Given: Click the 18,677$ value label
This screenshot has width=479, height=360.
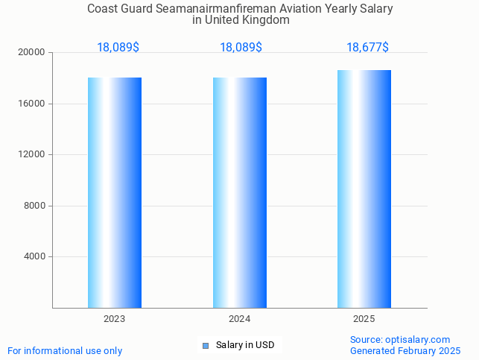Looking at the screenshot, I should [x=367, y=48].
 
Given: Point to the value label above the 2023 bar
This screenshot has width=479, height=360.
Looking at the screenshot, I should [x=118, y=48].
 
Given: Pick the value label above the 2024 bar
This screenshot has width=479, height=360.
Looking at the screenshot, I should [x=241, y=48].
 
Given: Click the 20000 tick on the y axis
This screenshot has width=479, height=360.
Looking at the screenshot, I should [x=33, y=53].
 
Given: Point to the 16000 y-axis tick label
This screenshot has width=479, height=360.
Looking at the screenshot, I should [x=33, y=104].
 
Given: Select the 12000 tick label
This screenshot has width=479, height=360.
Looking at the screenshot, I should [x=33, y=154].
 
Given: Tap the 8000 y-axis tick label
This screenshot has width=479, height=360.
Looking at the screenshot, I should [x=35, y=206].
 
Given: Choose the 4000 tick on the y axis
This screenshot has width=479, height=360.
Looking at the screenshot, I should [x=35, y=256].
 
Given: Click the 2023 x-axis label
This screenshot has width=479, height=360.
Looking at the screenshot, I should [x=115, y=319].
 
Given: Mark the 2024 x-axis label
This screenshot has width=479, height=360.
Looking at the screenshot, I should [x=240, y=319].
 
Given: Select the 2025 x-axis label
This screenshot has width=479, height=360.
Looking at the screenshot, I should [x=364, y=319].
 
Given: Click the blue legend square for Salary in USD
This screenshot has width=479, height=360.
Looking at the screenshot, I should [x=206, y=345].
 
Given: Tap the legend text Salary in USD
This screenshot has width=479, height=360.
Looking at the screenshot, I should [x=245, y=345].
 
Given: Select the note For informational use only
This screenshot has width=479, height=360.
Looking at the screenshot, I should [x=65, y=350].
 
